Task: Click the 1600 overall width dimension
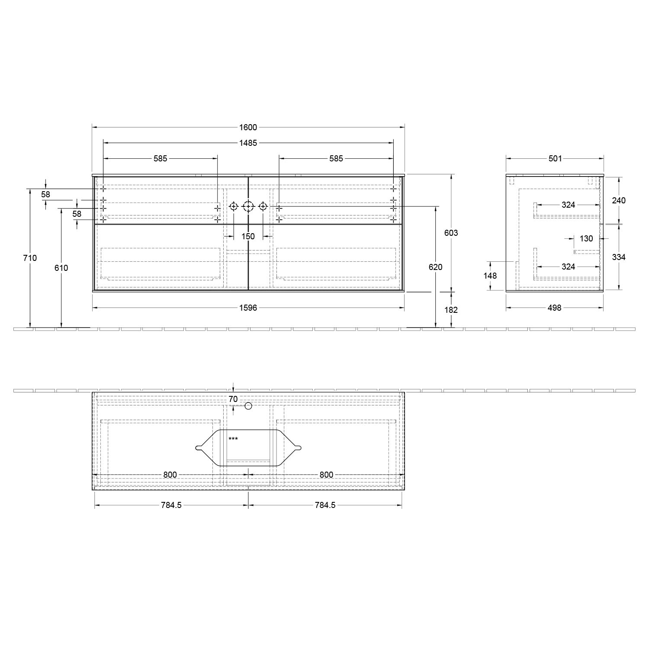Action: (x=248, y=127)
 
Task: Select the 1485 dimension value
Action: (x=248, y=143)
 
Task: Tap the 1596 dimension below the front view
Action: (x=248, y=308)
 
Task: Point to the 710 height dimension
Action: (x=30, y=258)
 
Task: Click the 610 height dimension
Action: (x=61, y=268)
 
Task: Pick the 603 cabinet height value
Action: (x=451, y=233)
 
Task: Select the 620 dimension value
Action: (x=436, y=267)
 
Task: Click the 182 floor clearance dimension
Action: (x=451, y=310)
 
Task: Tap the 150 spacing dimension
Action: (x=248, y=236)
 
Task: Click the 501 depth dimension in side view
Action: (x=555, y=158)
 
